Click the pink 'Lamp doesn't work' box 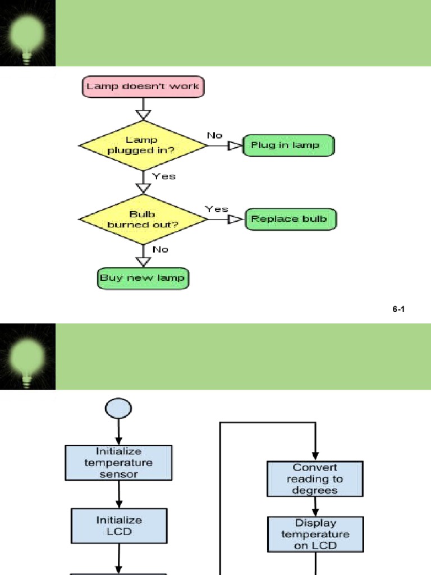[x=144, y=87]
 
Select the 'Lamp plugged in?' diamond [x=143, y=145]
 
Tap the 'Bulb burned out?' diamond [x=143, y=220]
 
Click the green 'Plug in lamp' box [x=288, y=145]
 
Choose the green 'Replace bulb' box [x=291, y=219]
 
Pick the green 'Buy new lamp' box [x=143, y=278]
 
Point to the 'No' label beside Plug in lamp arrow [x=215, y=135]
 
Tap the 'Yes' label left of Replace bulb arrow [x=217, y=209]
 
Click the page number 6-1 [x=398, y=309]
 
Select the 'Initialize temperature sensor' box [x=118, y=463]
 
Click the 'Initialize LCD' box [x=119, y=526]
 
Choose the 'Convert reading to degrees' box [x=315, y=479]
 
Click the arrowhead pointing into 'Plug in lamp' [x=235, y=145]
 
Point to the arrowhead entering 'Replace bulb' [x=236, y=220]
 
